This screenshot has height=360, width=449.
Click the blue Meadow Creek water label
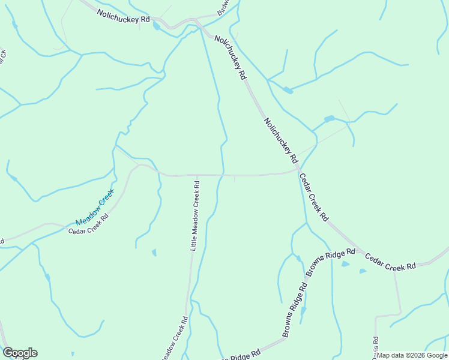[x=94, y=205]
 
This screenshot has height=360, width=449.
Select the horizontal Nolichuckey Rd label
[x=124, y=19]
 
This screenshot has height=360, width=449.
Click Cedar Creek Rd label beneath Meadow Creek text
[x=88, y=223]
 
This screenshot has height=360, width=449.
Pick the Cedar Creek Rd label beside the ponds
[x=391, y=262]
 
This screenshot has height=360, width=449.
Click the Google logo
[x=20, y=353]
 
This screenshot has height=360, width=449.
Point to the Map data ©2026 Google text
[x=412, y=355]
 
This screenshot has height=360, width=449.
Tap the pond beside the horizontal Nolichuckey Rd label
[x=157, y=26]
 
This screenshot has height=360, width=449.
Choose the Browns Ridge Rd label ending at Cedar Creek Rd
[x=331, y=262]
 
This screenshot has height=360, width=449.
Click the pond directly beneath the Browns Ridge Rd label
[x=345, y=264]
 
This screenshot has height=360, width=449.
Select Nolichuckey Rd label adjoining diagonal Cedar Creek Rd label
[x=280, y=140]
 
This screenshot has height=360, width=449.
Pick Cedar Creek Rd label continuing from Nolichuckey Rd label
[x=313, y=197]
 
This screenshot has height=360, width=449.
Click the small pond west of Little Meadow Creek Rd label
[x=154, y=253]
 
